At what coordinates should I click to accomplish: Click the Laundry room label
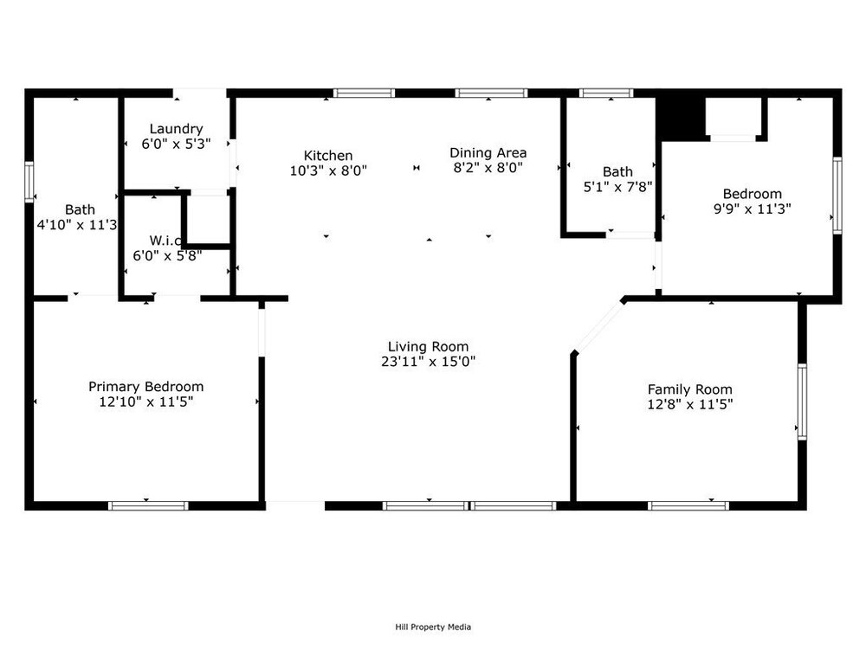coord(176,129)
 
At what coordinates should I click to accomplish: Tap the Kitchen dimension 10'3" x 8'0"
coord(328,170)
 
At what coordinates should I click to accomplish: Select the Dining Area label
coord(488,153)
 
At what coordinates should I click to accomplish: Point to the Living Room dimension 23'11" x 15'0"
coord(428,362)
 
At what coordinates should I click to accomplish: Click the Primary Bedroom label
coord(145,387)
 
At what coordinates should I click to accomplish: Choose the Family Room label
coord(690,389)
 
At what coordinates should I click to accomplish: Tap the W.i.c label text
coord(165,241)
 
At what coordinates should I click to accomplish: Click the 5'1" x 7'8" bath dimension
coord(617,187)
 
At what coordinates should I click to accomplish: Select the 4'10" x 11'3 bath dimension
coord(77,225)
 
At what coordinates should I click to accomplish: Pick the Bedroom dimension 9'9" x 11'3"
coord(753,209)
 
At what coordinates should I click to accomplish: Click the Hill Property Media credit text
coord(433,627)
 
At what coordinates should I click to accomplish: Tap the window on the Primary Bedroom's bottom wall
coord(148,505)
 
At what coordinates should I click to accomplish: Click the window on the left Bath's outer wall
coord(29,182)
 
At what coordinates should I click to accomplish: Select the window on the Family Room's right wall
coord(802,402)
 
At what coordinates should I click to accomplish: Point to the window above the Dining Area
coord(491,93)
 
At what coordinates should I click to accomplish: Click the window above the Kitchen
coord(364,93)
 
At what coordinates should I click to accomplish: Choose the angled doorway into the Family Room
coord(598,327)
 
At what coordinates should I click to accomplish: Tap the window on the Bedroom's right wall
coord(837,196)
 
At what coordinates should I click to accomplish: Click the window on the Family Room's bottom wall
coord(688,505)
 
